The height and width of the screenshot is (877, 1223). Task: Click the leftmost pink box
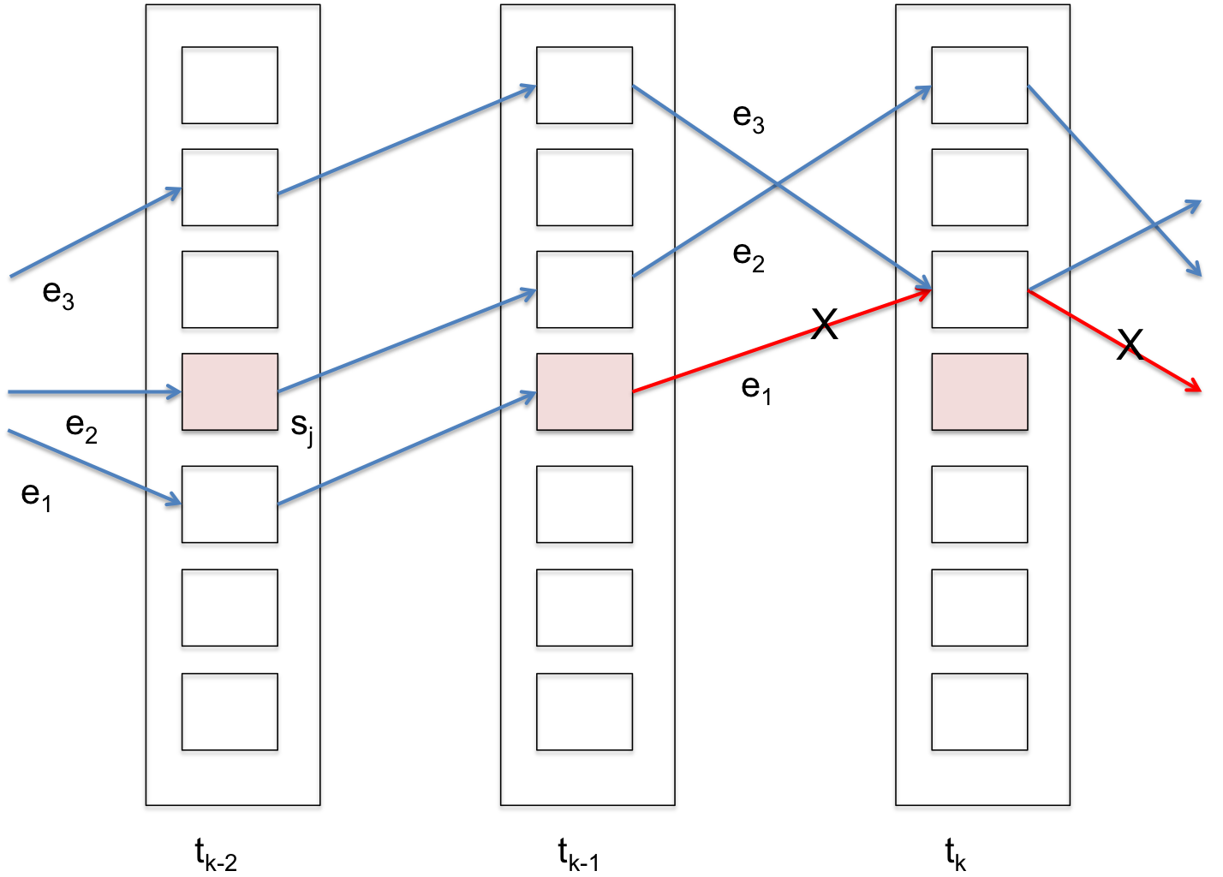tap(230, 391)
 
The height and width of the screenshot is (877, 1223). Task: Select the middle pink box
tap(584, 391)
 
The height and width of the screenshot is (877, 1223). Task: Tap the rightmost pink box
tap(979, 391)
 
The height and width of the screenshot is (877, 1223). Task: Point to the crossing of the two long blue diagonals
tap(777, 184)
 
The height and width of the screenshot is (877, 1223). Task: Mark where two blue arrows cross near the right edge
tap(1155, 225)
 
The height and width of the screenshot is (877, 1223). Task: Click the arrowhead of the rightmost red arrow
tap(1196, 388)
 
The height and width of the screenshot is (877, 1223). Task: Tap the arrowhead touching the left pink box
tap(175, 391)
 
